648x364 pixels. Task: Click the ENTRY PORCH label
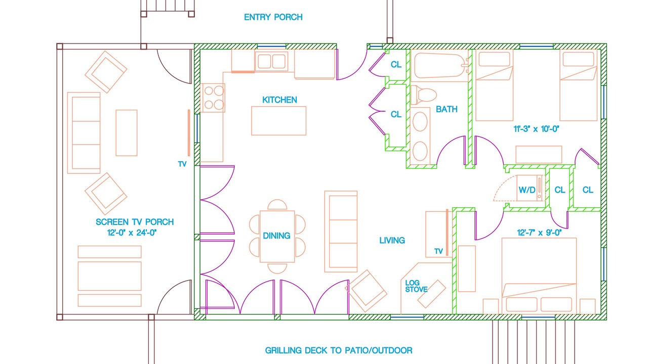[x=273, y=17]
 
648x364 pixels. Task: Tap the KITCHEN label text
[x=279, y=100]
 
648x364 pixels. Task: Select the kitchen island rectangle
[x=278, y=121]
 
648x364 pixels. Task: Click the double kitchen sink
[x=271, y=61]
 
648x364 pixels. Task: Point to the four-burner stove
[x=213, y=98]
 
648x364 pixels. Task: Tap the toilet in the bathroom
[x=424, y=95]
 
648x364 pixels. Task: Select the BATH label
[x=447, y=109]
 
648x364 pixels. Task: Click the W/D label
[x=527, y=190]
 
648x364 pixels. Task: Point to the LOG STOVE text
[x=416, y=286]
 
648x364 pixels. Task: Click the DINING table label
[x=276, y=236]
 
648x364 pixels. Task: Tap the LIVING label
[x=392, y=240]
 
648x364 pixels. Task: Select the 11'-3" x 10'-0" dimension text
[x=536, y=129]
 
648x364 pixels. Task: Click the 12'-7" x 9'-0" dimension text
[x=539, y=233]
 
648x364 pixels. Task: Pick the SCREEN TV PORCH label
[x=135, y=222]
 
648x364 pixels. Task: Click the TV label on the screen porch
[x=182, y=164]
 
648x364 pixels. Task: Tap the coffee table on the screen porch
[x=127, y=133]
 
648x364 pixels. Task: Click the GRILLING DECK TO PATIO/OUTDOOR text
[x=339, y=350]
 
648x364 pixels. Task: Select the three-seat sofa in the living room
[x=341, y=232]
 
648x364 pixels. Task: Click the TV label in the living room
[x=438, y=251]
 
